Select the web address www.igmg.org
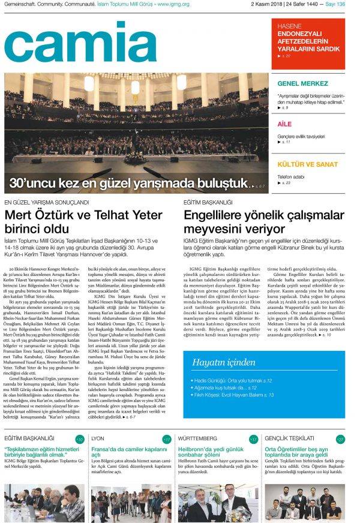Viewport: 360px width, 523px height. tap(173, 5)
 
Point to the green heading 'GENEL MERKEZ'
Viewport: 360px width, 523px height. tap(302, 83)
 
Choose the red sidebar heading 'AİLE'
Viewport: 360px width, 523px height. tap(284, 124)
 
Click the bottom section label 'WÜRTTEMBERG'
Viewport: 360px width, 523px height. tap(197, 438)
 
